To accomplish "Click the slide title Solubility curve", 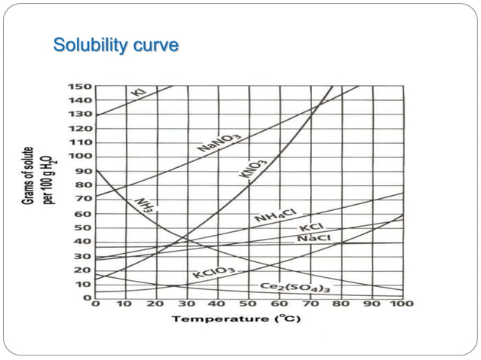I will (115, 45).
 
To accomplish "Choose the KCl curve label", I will (311, 227).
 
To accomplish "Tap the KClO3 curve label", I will (213, 273).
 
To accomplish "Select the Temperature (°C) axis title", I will (228, 319).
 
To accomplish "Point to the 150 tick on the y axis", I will (81, 86).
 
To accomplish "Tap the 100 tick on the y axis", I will (81, 156).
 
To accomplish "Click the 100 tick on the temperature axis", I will (403, 304).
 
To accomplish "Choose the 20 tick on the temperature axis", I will (156, 304).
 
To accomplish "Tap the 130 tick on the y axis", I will (81, 114).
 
